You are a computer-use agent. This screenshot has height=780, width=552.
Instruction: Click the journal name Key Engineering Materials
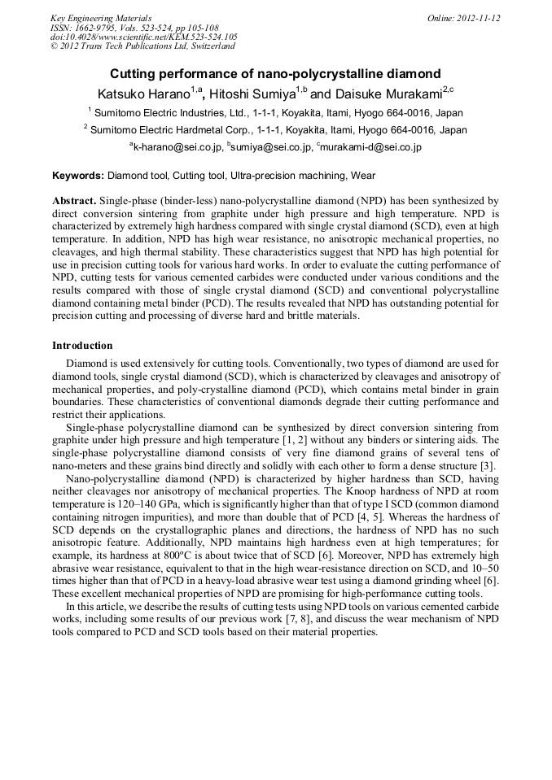(x=100, y=18)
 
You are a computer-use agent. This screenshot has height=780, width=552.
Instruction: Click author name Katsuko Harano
(x=143, y=95)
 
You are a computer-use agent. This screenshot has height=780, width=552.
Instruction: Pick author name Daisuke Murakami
(x=387, y=95)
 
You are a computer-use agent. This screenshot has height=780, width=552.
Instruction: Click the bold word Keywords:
(x=78, y=176)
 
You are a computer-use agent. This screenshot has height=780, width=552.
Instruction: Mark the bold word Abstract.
(x=75, y=200)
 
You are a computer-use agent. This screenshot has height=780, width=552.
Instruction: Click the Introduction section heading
(x=82, y=346)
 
